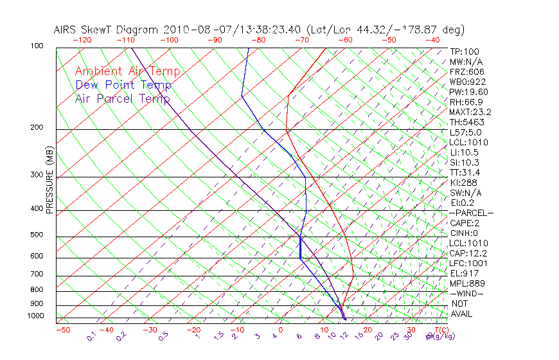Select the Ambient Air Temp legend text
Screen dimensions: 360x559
(x=127, y=71)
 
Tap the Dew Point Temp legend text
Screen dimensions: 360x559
(x=123, y=85)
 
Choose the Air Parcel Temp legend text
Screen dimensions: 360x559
(x=122, y=98)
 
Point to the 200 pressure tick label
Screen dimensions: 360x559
(x=37, y=127)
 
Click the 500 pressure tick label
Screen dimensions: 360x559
(x=37, y=235)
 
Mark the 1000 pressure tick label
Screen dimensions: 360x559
(x=35, y=316)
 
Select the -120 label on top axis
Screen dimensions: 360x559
(x=82, y=40)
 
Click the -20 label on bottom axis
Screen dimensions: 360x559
(x=193, y=330)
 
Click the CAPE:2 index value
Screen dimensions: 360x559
(x=465, y=223)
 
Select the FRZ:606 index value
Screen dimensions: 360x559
(x=467, y=72)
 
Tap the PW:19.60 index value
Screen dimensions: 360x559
(x=468, y=92)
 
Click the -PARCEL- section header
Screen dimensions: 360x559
(x=471, y=213)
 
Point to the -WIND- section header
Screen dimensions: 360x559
(x=466, y=293)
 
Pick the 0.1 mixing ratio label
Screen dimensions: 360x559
(x=91, y=336)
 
